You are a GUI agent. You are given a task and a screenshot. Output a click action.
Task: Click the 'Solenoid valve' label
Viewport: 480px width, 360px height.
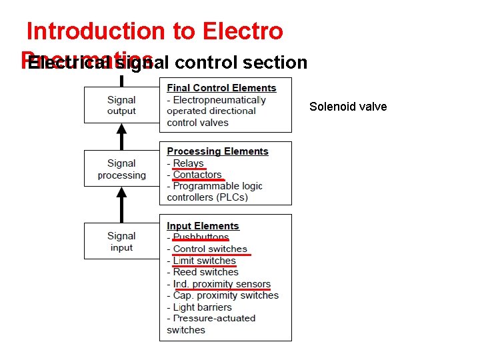(348, 107)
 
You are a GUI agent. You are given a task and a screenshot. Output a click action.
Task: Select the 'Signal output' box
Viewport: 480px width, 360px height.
(121, 105)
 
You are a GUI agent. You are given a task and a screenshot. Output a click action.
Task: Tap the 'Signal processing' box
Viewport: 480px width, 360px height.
(121, 169)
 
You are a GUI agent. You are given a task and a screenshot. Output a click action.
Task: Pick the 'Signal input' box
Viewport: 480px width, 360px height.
(121, 241)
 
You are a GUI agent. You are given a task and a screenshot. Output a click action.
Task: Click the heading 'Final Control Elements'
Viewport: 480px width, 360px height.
(221, 88)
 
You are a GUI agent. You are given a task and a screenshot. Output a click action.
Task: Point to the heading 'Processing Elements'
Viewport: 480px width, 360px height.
(217, 151)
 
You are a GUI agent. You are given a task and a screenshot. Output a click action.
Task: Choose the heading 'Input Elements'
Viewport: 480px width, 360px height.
(203, 226)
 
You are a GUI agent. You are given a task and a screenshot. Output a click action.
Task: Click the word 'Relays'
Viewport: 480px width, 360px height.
(189, 163)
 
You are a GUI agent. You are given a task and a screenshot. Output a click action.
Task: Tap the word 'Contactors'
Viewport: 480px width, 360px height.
(197, 175)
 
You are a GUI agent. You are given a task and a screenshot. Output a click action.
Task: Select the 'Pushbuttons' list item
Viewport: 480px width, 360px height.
(201, 237)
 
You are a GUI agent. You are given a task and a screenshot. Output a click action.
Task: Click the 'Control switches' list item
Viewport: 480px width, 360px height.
(210, 249)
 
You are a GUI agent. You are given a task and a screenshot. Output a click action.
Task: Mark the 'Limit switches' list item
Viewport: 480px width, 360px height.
(204, 261)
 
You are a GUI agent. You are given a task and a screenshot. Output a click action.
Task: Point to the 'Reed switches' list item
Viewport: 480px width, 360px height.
(205, 272)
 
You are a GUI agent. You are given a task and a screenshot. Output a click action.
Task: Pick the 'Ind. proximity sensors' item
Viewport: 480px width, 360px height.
(221, 284)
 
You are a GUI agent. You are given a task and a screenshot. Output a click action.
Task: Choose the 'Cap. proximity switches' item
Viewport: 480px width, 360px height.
(225, 295)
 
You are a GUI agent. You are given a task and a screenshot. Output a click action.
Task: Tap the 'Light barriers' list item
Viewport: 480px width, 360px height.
(202, 307)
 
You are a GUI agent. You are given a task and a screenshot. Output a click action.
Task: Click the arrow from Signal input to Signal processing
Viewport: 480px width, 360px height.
(121, 204)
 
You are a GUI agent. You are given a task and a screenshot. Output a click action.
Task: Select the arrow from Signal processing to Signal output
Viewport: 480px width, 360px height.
(121, 137)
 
